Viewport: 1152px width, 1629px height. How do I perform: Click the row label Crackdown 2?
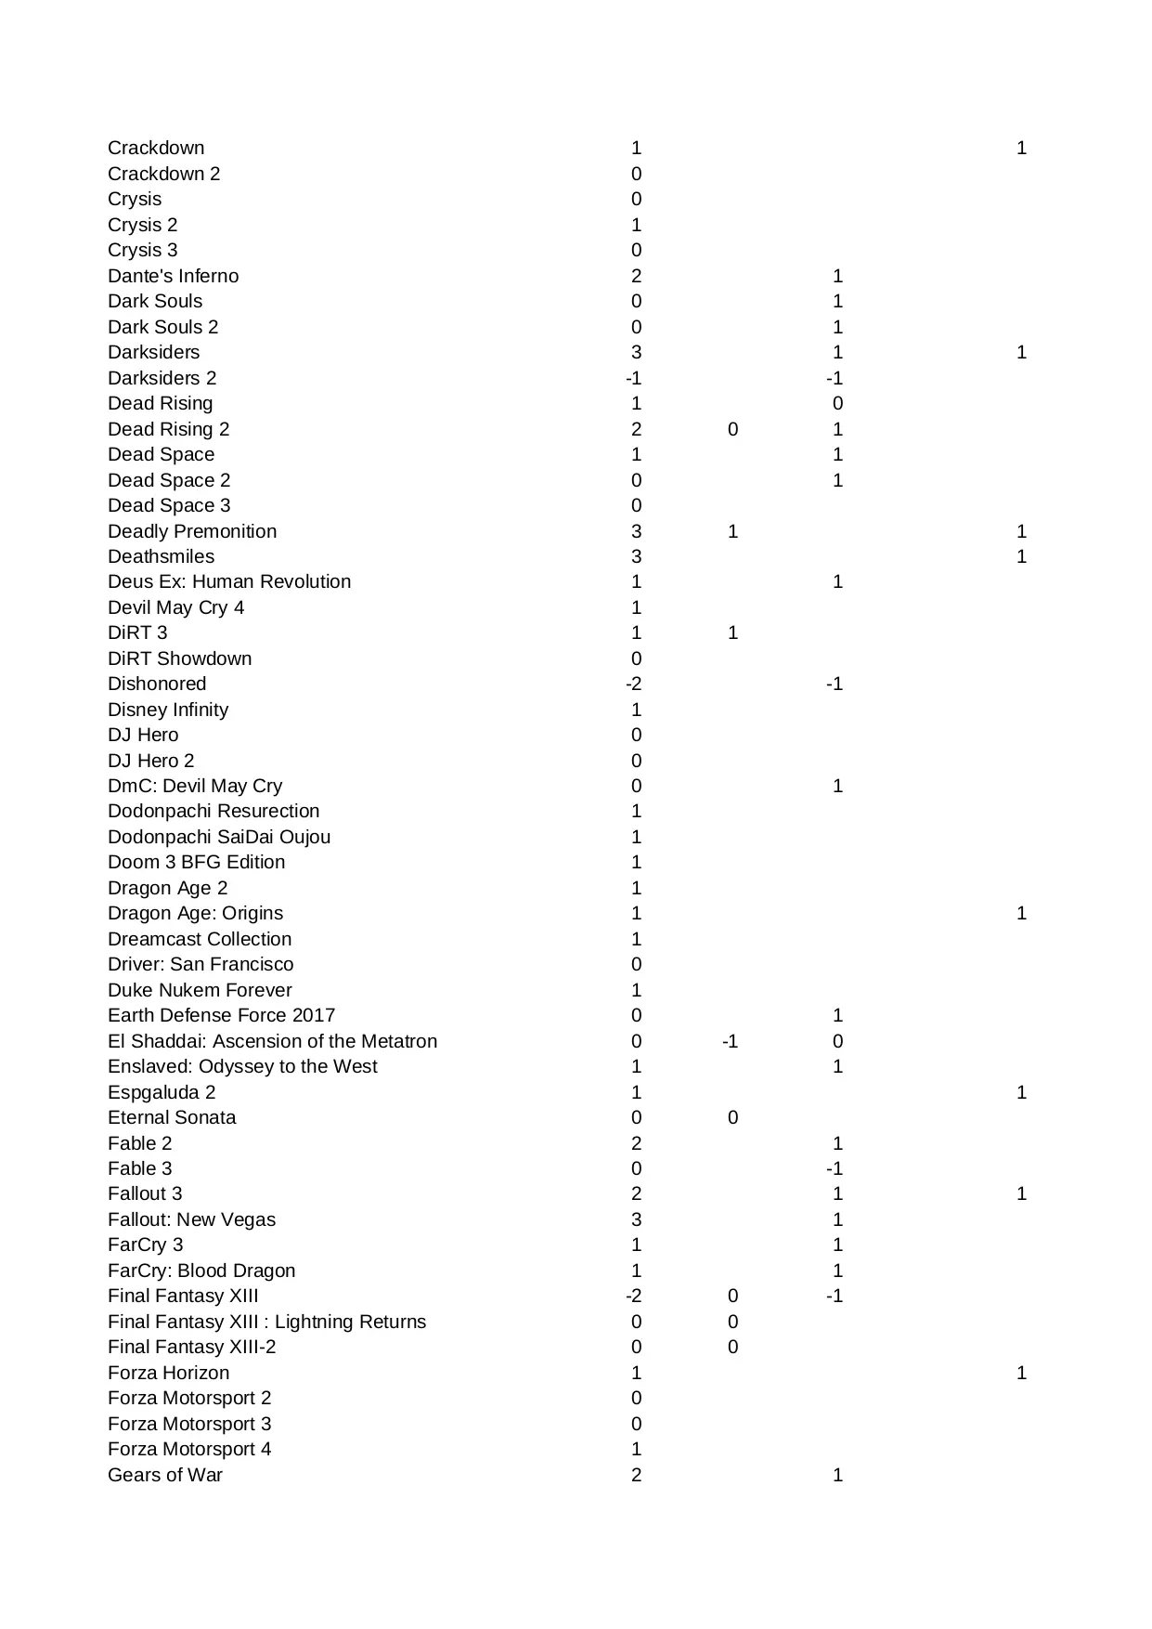[x=163, y=174]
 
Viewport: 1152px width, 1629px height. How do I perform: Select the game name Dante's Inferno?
[x=173, y=276]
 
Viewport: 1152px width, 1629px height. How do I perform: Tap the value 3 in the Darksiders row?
[x=636, y=352]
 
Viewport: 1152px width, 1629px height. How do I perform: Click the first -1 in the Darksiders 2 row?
[x=633, y=378]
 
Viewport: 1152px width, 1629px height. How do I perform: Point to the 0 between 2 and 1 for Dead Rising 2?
[x=732, y=429]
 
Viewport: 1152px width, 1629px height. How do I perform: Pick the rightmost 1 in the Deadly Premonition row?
[x=1021, y=531]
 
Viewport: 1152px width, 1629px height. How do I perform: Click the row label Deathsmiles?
[x=161, y=556]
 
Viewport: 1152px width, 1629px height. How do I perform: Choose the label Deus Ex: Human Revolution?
[x=229, y=581]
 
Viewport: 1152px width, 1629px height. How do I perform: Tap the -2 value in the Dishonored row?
[x=633, y=684]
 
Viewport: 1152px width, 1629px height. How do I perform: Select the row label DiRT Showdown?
[x=179, y=658]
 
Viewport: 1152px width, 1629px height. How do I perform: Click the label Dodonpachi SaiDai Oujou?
[x=219, y=837]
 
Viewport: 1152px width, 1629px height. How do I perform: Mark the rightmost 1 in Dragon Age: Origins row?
[x=1021, y=913]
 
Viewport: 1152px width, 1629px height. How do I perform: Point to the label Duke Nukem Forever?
[x=200, y=990]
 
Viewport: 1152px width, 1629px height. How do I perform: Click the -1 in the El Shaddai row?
[x=730, y=1041]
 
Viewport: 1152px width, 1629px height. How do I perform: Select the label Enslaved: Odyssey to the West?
[x=242, y=1066]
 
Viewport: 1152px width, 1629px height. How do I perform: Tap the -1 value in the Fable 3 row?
[x=835, y=1168]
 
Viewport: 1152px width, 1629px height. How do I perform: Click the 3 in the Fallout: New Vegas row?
[x=636, y=1219]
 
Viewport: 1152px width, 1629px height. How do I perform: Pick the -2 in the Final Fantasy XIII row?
[x=633, y=1296]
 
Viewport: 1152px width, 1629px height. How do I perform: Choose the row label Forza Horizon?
[x=168, y=1373]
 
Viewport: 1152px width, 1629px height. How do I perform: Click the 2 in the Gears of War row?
[x=636, y=1475]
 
